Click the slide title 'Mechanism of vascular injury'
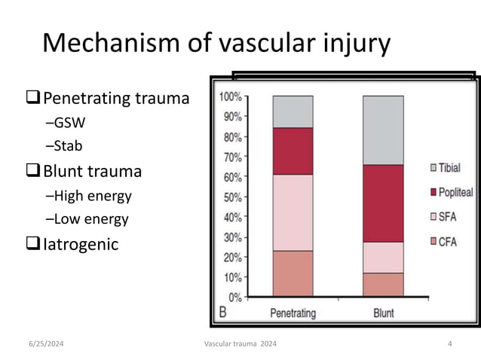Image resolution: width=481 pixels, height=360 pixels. coord(216,43)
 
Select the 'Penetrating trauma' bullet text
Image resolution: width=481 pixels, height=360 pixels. coord(115,98)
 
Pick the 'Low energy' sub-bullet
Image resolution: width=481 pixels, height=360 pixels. coord(87,219)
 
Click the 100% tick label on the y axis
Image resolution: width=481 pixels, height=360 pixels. coord(230,97)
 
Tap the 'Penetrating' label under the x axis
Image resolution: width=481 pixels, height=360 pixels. coord(293,313)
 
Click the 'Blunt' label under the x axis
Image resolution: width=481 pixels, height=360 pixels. coord(383,313)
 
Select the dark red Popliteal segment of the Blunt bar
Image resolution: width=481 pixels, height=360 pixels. coord(383,203)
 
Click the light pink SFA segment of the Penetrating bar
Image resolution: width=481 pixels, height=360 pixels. coord(293,212)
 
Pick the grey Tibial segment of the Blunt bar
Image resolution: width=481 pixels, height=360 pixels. coord(383,130)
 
